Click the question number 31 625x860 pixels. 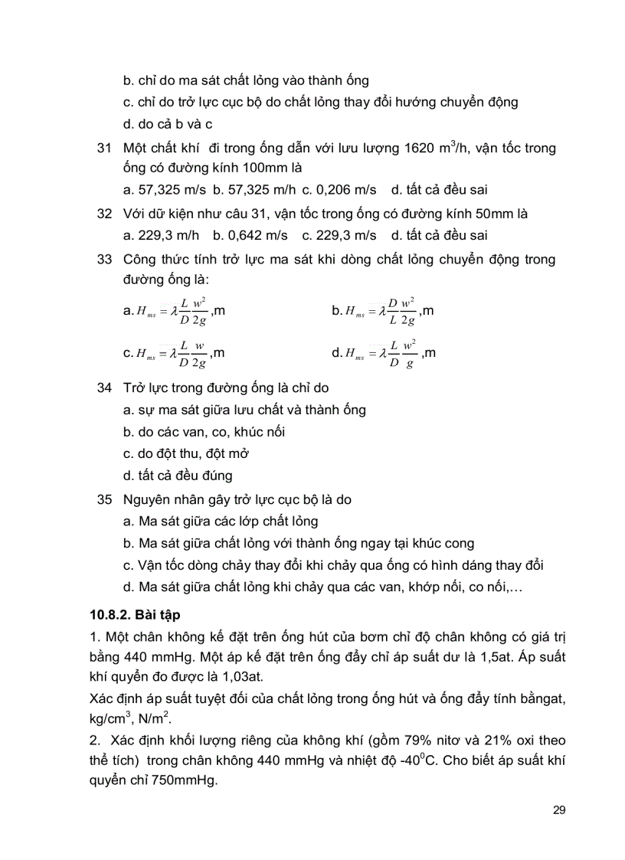tap(106, 148)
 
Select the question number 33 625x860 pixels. tap(106, 260)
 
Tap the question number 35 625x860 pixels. tap(106, 500)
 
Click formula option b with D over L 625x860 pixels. tap(383, 311)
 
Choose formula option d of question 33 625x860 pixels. tap(383, 353)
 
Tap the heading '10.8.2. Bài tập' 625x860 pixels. tap(134, 614)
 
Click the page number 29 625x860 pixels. tap(558, 810)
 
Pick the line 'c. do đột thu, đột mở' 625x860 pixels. tap(186, 453)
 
